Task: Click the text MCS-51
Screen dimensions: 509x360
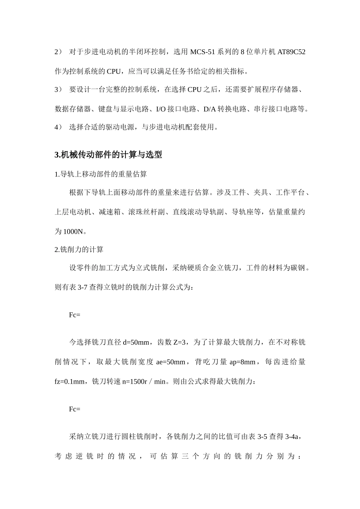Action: (x=203, y=52)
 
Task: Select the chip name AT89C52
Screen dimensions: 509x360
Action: (x=291, y=52)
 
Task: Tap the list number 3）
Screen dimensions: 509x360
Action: (x=58, y=90)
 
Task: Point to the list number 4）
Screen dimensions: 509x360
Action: (x=58, y=127)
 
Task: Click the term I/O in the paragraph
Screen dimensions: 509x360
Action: (x=161, y=109)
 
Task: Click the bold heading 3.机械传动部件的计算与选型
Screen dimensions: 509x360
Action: (x=108, y=155)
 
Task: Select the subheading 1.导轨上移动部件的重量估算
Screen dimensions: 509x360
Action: (x=101, y=174)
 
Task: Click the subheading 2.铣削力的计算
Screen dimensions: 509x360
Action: (x=79, y=250)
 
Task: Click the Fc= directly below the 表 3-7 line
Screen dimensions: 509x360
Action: (x=75, y=315)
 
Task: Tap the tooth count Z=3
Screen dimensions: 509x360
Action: (x=179, y=343)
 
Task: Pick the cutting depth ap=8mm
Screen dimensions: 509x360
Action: (x=243, y=362)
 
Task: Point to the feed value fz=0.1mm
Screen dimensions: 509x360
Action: (x=70, y=381)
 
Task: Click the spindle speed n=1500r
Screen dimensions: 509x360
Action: (x=135, y=381)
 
